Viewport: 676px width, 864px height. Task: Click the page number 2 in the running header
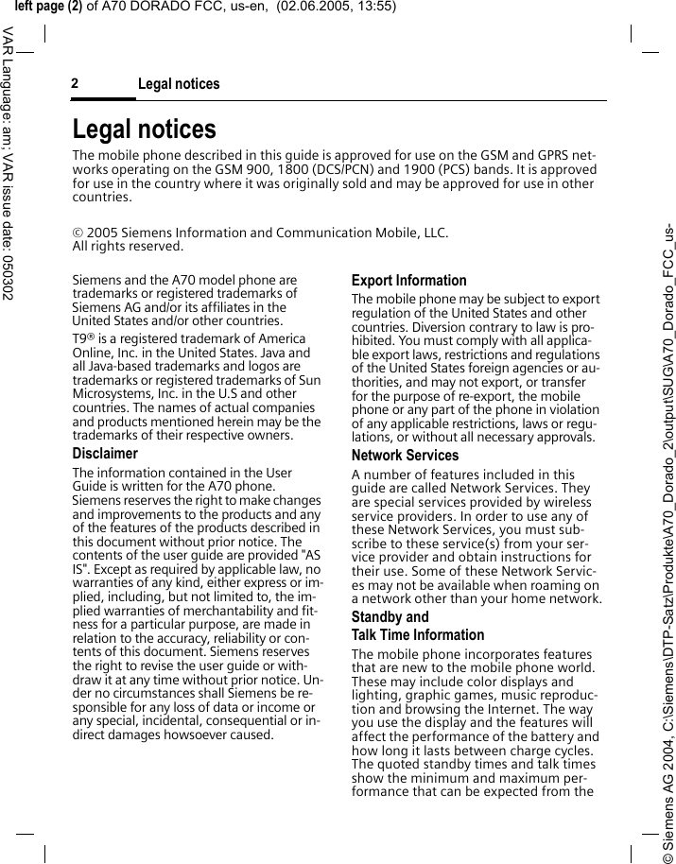point(75,84)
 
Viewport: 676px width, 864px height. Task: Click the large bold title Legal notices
point(144,129)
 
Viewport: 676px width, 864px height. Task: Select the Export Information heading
point(408,281)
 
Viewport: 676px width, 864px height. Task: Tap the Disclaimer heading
point(105,454)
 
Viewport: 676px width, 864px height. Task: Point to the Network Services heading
point(405,456)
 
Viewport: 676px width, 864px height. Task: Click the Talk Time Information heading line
point(417,635)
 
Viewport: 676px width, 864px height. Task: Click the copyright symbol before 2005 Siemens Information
point(78,233)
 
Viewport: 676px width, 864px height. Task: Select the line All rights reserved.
point(128,247)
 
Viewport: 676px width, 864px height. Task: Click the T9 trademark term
point(82,339)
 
